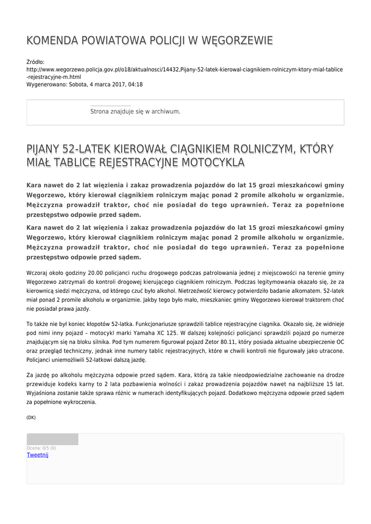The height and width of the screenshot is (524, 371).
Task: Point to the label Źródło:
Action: (x=35, y=61)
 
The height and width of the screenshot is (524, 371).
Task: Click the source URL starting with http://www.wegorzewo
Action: (x=184, y=69)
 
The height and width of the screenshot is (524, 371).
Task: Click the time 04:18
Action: (x=136, y=84)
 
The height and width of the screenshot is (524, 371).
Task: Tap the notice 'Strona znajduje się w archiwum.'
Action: (x=135, y=112)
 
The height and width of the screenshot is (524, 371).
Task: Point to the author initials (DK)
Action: (x=31, y=418)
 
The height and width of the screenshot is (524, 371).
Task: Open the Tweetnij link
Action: (x=37, y=455)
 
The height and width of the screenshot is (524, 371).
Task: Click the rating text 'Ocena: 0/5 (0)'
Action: (x=41, y=448)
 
